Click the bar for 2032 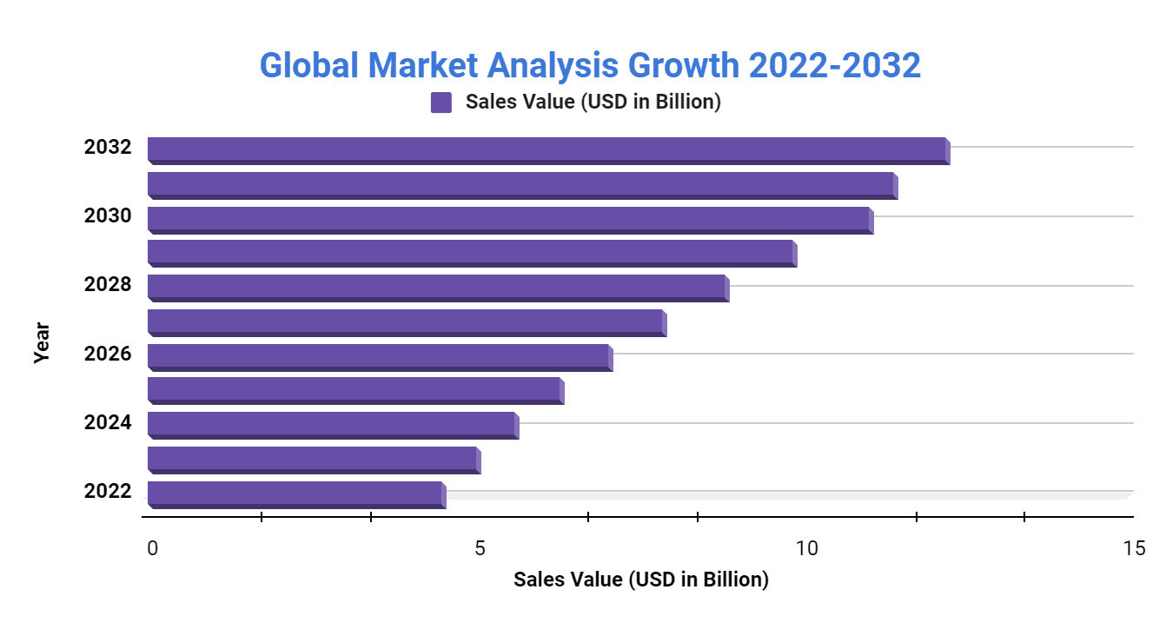(547, 149)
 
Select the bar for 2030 (509, 219)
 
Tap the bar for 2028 (437, 288)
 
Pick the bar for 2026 (379, 357)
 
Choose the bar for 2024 (332, 425)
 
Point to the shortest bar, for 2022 (295, 494)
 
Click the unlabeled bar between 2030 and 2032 (521, 184)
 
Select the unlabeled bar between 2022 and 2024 (313, 460)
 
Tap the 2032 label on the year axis (108, 147)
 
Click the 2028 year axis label (108, 285)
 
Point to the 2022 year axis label (108, 492)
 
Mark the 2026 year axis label (108, 354)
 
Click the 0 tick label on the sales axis (153, 548)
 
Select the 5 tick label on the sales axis (480, 548)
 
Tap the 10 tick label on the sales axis (806, 548)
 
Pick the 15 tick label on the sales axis (1133, 548)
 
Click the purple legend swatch (441, 103)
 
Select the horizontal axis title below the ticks (640, 580)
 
